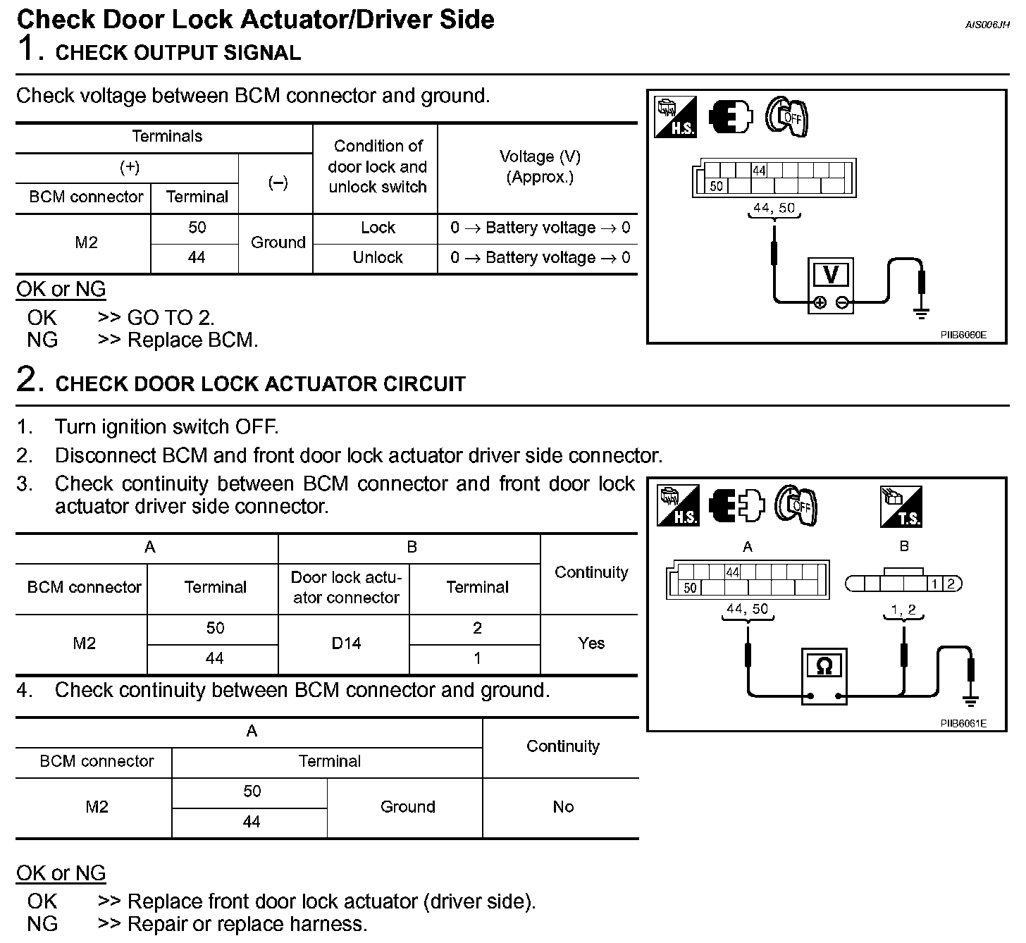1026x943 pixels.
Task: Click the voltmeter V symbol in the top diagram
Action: (x=831, y=275)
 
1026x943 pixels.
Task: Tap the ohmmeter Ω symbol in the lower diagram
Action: (x=824, y=666)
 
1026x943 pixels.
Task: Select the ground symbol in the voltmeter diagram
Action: (x=921, y=312)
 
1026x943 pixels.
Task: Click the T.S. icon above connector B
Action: (x=901, y=507)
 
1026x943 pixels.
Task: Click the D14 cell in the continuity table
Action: (x=346, y=643)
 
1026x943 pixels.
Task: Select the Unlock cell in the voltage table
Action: (x=378, y=258)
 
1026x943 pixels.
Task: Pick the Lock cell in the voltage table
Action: (x=378, y=228)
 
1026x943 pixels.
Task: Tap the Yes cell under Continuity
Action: (x=591, y=643)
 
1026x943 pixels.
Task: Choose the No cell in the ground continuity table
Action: (x=562, y=807)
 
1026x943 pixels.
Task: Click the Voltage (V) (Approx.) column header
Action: (x=540, y=167)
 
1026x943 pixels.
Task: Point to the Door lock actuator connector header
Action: (x=346, y=588)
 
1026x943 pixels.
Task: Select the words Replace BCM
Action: (x=192, y=340)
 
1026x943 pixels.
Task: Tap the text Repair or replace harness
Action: (x=247, y=924)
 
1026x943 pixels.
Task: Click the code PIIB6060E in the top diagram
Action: (x=963, y=335)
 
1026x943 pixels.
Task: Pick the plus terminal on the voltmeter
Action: (x=820, y=303)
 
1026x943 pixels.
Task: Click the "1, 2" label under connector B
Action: (x=903, y=610)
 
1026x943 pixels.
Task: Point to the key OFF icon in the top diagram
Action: (x=786, y=117)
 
